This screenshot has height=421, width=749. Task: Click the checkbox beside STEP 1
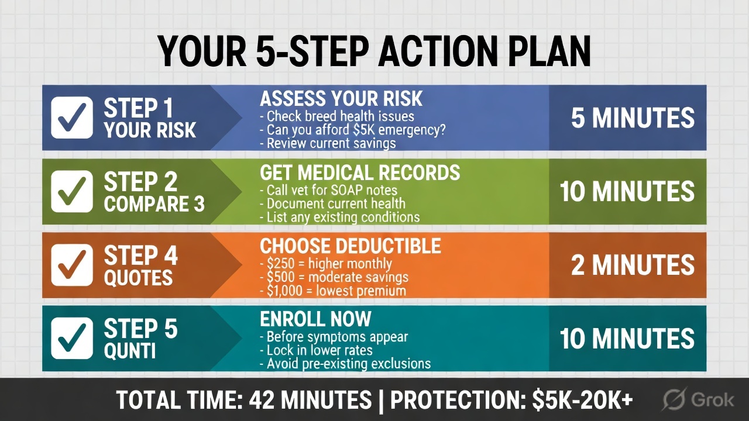pos(72,118)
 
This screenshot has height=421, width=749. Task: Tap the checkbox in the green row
pos(72,191)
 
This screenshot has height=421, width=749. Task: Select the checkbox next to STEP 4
pos(72,265)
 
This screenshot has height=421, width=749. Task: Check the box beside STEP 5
pos(72,338)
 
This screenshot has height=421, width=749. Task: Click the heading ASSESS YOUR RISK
pos(341,98)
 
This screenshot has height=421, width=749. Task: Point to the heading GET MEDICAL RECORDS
pos(360,172)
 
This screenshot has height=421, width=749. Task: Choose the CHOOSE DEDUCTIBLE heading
pos(351,246)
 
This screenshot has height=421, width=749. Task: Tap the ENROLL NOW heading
pos(315,319)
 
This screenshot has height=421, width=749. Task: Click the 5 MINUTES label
pos(633,118)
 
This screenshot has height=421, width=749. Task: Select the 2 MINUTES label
pos(633,265)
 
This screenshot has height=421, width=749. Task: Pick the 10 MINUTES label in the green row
pos(627,191)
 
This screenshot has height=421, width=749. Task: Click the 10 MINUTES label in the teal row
pos(627,338)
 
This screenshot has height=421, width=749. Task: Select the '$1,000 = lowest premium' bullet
pos(332,291)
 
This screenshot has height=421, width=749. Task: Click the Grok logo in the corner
pos(698,400)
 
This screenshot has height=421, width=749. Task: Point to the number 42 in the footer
pos(263,401)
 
